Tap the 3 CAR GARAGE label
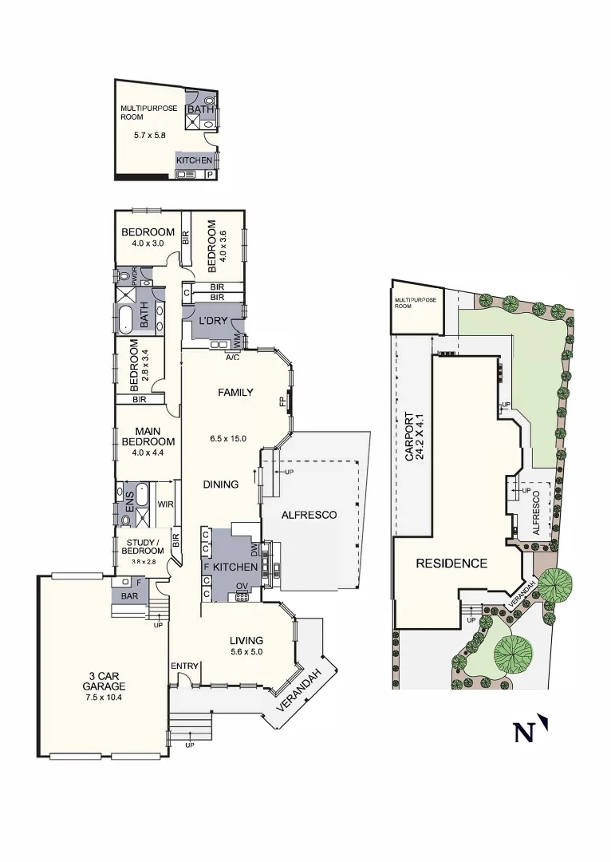104,686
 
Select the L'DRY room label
214,321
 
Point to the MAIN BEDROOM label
148,436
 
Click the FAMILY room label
236,392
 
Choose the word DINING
220,484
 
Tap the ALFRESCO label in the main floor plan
309,515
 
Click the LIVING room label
246,640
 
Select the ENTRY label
184,666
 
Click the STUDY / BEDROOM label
144,548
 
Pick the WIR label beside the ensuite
165,504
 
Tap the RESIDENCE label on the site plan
451,563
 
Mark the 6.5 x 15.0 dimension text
227,438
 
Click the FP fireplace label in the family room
282,401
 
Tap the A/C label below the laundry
233,357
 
